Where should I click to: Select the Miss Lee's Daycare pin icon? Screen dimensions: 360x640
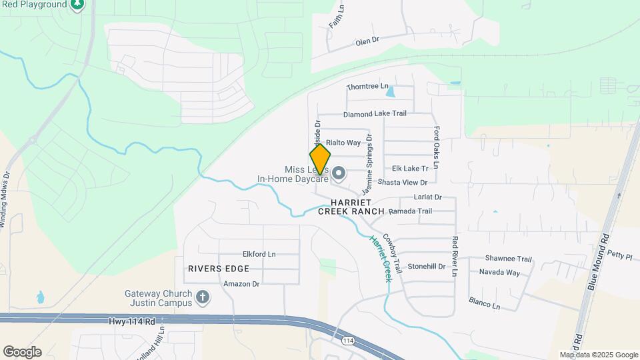[339, 174]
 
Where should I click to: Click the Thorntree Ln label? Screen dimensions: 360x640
[367, 87]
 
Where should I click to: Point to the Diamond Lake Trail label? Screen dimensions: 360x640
[375, 113]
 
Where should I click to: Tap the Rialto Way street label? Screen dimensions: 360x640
[343, 143]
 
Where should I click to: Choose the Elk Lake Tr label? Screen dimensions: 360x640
[410, 169]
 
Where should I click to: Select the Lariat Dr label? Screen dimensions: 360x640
[428, 197]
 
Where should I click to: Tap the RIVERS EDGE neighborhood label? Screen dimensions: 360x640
[219, 269]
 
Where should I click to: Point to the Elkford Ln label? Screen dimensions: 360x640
[259, 254]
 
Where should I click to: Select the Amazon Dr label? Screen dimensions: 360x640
[241, 283]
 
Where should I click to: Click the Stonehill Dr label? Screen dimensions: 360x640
[426, 266]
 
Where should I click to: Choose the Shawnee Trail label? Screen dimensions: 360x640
[508, 259]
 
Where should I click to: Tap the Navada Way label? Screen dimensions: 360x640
[499, 272]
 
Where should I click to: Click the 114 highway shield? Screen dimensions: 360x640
[347, 341]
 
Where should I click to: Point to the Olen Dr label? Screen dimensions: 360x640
[367, 41]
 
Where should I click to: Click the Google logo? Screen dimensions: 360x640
[22, 352]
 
